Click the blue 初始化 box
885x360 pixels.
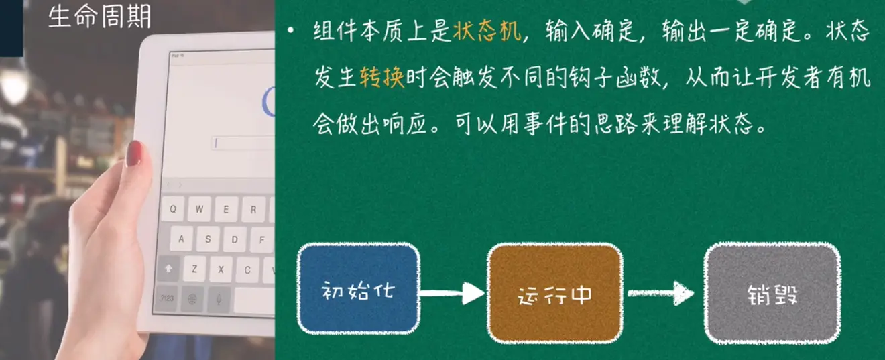359,289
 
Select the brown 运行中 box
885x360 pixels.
555,293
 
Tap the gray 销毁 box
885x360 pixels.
772,293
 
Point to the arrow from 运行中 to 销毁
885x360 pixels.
660,293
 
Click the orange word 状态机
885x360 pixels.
487,31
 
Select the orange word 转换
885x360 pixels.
382,77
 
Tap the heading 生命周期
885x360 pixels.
99,17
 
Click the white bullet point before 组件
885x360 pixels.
291,30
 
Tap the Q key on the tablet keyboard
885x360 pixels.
173,208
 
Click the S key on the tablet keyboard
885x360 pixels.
208,239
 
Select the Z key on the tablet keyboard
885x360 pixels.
194,269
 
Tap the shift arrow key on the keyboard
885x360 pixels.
168,269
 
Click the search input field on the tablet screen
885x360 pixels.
243,143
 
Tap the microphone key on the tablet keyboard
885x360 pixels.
219,300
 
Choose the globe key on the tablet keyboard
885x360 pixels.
192,299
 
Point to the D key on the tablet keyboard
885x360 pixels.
235,239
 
